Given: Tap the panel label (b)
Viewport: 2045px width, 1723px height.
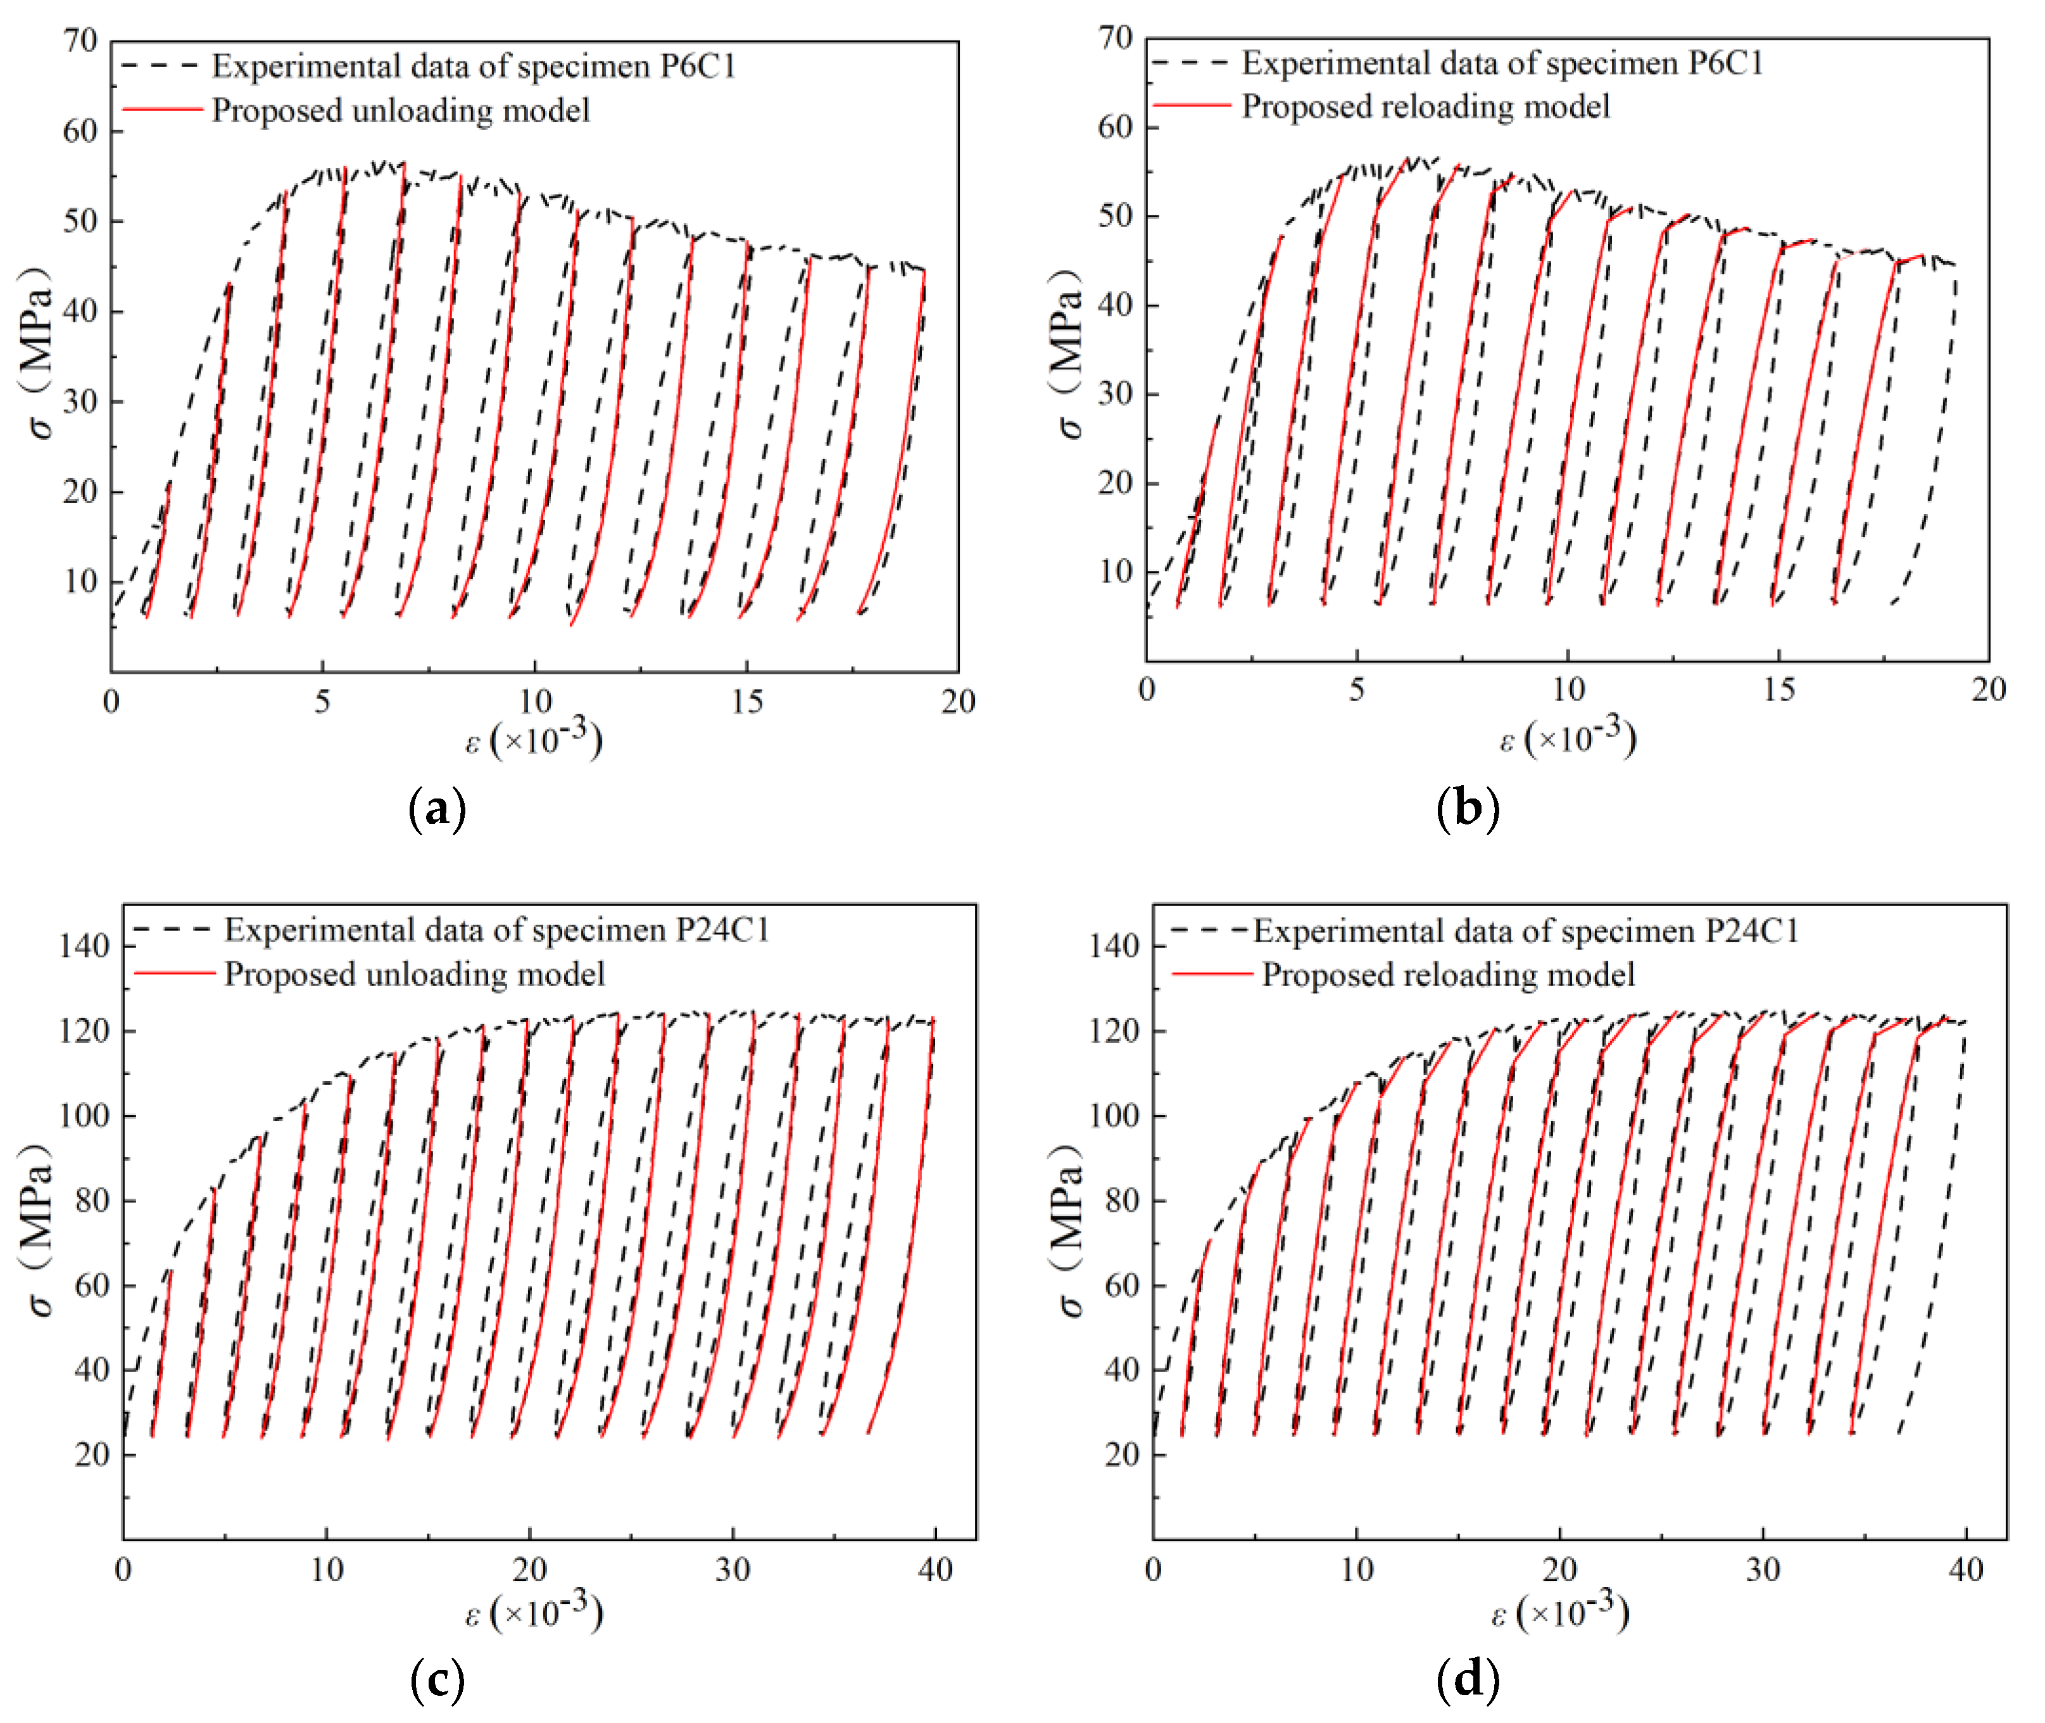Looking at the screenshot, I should click(1467, 808).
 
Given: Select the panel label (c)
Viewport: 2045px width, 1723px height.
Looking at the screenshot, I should click(436, 1679).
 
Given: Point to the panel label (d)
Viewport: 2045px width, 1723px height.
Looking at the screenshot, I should click(1467, 1679).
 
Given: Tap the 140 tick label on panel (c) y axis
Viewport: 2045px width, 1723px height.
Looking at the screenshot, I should click(84, 945).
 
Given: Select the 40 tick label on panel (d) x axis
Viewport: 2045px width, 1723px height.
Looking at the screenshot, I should click(1965, 1570).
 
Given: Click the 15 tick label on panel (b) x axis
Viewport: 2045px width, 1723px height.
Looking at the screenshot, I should click(1778, 690).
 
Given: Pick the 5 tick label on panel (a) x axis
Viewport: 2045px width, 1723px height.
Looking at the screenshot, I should click(322, 702).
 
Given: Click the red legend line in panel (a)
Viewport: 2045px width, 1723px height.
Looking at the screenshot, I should click(161, 110).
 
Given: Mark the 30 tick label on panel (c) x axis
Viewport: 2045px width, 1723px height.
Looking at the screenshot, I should click(733, 1570).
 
